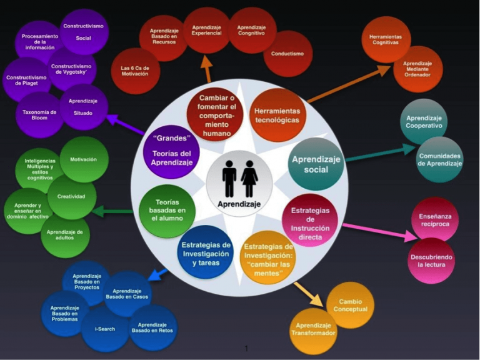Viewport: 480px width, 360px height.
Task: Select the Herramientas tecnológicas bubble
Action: (277, 115)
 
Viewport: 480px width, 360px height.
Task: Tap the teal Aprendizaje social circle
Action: (316, 164)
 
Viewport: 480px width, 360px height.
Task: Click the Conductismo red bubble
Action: (287, 54)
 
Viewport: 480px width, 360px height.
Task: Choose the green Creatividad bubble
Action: (72, 196)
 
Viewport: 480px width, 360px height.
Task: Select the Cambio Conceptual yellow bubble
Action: (350, 305)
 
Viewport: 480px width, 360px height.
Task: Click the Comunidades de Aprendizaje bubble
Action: (440, 160)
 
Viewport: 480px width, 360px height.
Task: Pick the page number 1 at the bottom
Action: (247, 348)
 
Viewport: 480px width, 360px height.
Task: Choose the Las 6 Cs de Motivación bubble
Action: (135, 70)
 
